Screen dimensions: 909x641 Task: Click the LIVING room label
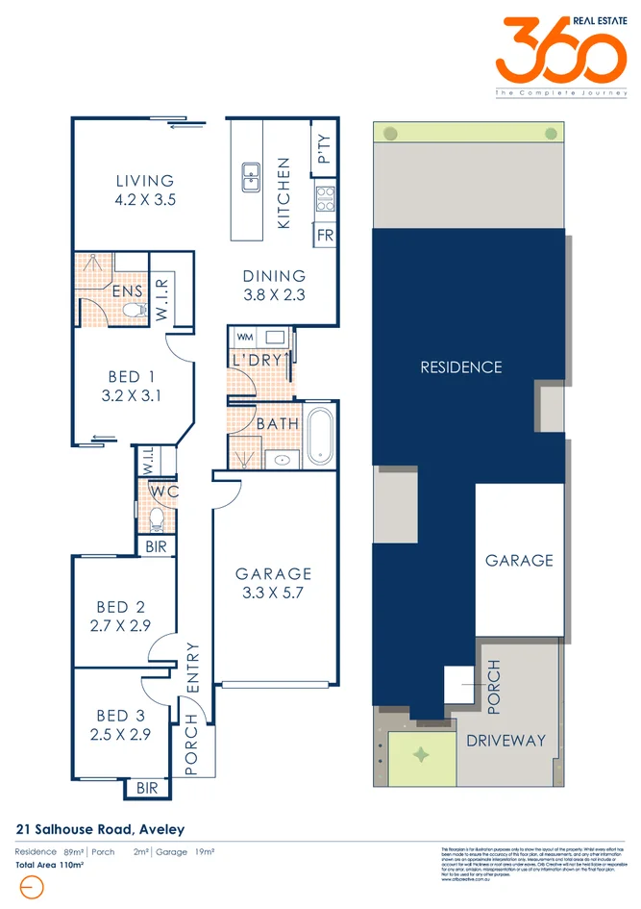(x=145, y=181)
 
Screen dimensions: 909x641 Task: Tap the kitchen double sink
(x=250, y=176)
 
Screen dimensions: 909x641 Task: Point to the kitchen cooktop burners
(x=325, y=198)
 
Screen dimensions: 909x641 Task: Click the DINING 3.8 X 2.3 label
(x=274, y=285)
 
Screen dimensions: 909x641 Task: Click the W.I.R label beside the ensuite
(x=161, y=299)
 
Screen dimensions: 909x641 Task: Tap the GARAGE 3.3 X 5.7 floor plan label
(x=274, y=583)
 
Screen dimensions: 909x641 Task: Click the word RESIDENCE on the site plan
(x=461, y=366)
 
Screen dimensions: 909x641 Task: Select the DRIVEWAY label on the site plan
(x=505, y=740)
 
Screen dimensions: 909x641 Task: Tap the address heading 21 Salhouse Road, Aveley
(x=101, y=829)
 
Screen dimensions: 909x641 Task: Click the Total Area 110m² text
(x=49, y=866)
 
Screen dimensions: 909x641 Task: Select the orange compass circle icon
(x=31, y=889)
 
